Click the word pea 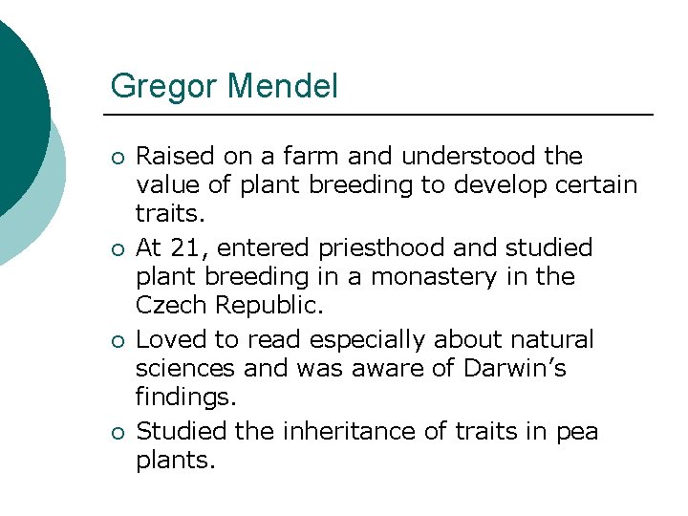coord(578,433)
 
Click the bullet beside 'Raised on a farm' coord(116,157)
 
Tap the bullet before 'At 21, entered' coord(116,249)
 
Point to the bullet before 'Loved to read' coord(116,341)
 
